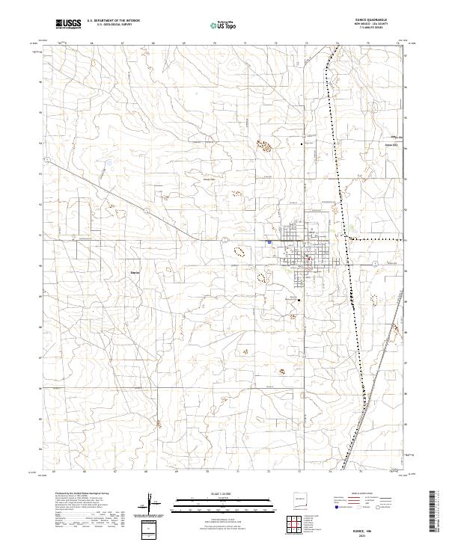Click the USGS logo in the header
coord(68,25)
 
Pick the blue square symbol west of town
coord(269,241)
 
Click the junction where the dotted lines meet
coord(349,238)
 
